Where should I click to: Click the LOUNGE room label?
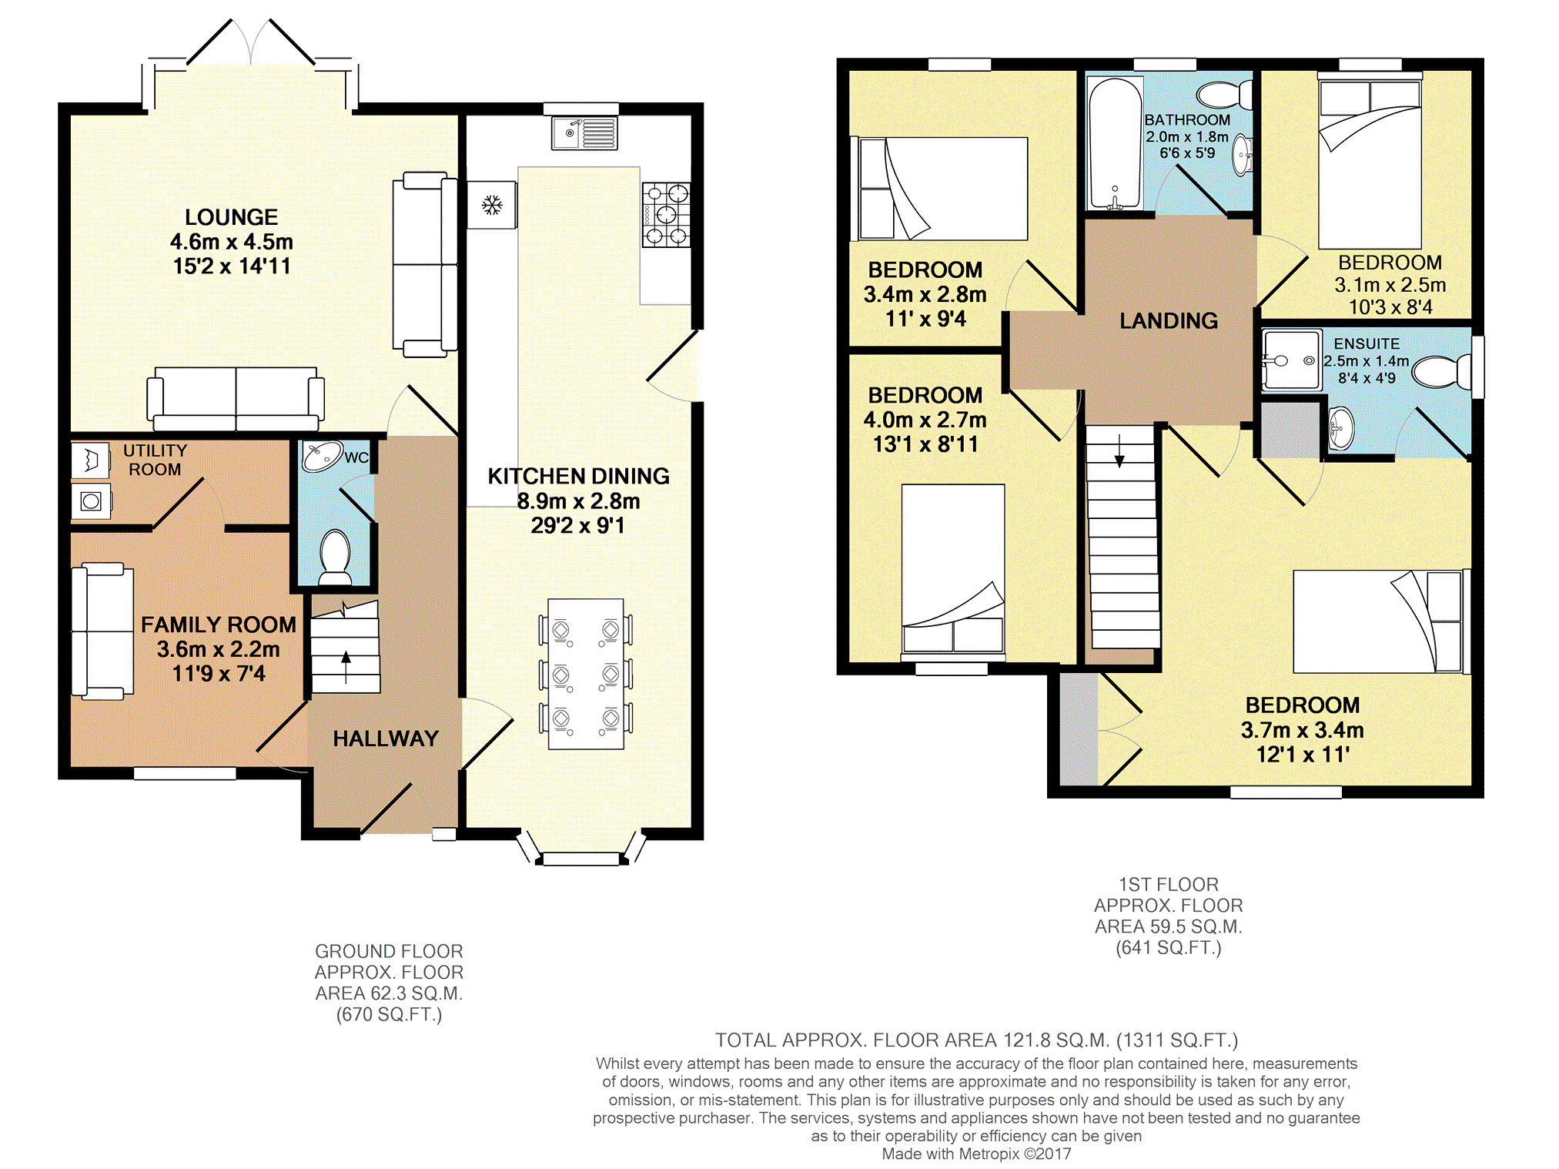[x=232, y=217]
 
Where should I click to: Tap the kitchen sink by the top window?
[x=584, y=133]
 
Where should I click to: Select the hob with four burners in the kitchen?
[x=666, y=215]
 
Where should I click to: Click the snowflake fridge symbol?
[x=492, y=205]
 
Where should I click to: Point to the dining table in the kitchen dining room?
[x=586, y=674]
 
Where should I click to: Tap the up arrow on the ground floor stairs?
[x=346, y=667]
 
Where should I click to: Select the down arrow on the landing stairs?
[x=1119, y=450]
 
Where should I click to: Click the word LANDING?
[x=1169, y=320]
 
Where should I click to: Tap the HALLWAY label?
[x=386, y=739]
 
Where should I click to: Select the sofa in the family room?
[x=102, y=631]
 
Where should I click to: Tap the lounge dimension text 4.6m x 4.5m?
[x=232, y=242]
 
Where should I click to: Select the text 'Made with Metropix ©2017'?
[x=976, y=1154]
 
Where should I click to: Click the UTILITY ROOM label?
[x=155, y=460]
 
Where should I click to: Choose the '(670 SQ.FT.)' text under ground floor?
[x=389, y=1014]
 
